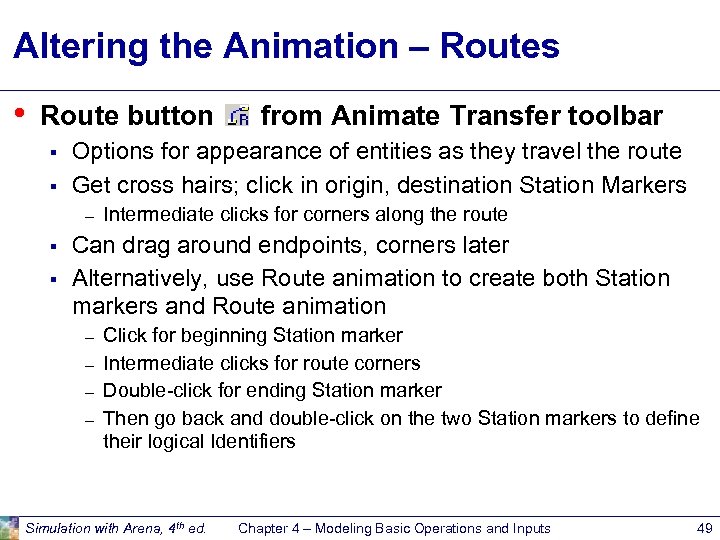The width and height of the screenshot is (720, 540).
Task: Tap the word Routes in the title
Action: [499, 47]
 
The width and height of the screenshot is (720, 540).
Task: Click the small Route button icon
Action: [238, 117]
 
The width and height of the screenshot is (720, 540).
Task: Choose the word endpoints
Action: [306, 246]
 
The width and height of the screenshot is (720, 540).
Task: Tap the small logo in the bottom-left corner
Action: [9, 527]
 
